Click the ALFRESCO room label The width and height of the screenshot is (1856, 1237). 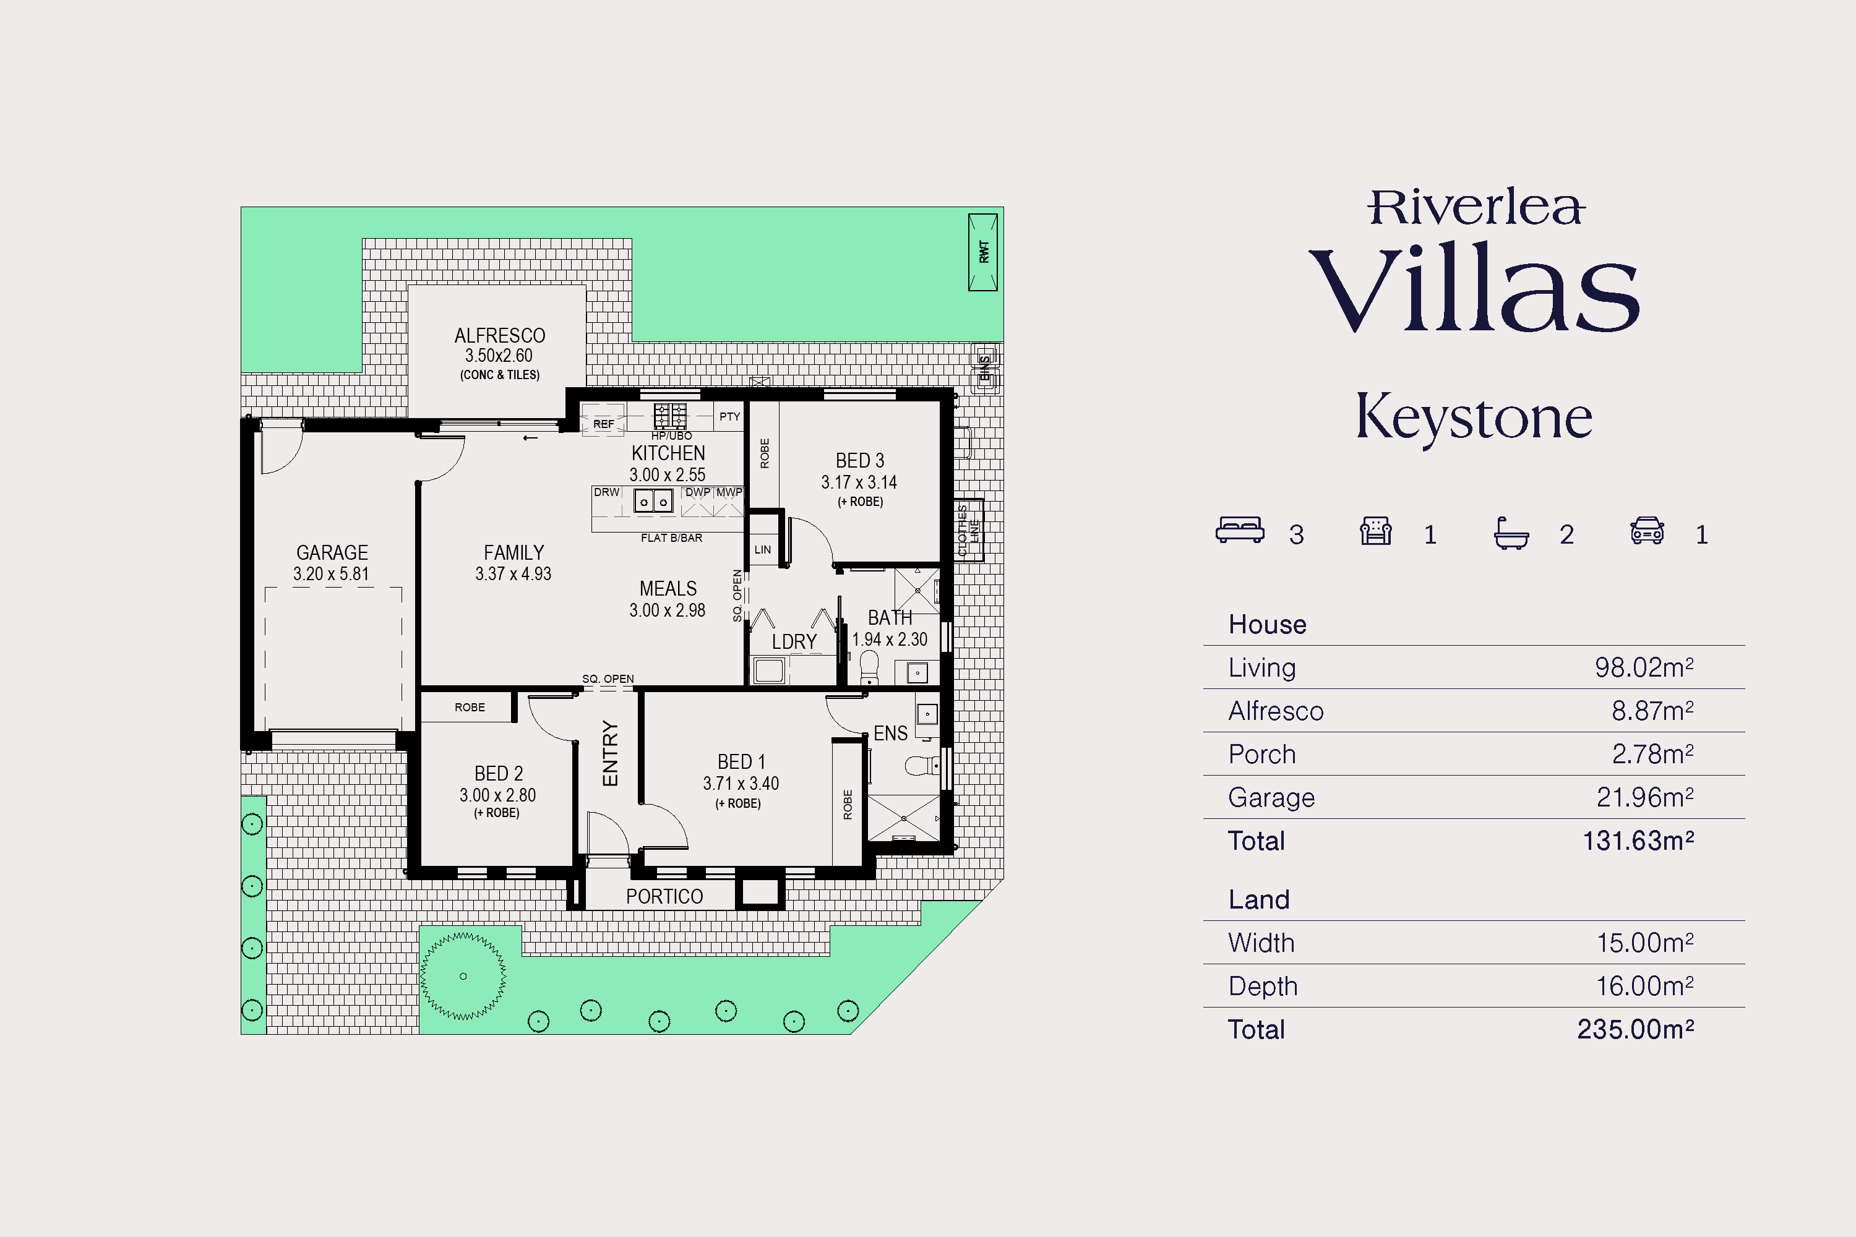pos(499,335)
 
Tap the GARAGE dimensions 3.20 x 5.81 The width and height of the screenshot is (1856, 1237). pos(332,575)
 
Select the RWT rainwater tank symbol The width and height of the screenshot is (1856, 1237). pos(983,252)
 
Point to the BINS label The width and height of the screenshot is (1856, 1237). pos(985,367)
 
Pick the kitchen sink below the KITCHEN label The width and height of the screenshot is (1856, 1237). pos(653,500)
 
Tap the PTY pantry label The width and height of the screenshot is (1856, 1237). pos(730,416)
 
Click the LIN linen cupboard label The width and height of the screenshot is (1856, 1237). pos(762,550)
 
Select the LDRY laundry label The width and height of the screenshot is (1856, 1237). pos(794,642)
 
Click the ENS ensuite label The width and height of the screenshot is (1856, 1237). pos(890,734)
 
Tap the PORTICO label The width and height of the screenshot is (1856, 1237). pos(664,897)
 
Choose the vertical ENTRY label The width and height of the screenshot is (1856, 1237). pos(610,753)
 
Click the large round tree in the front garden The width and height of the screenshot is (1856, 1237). pos(463,977)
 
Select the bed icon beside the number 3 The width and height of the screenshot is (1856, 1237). pos(1240,530)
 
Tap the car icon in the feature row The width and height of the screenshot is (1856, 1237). pos(1647,530)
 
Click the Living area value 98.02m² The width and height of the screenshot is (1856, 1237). pos(1644,667)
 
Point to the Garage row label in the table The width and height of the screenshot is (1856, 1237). pos(1271,798)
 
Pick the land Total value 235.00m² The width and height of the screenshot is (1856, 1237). pos(1635,1030)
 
